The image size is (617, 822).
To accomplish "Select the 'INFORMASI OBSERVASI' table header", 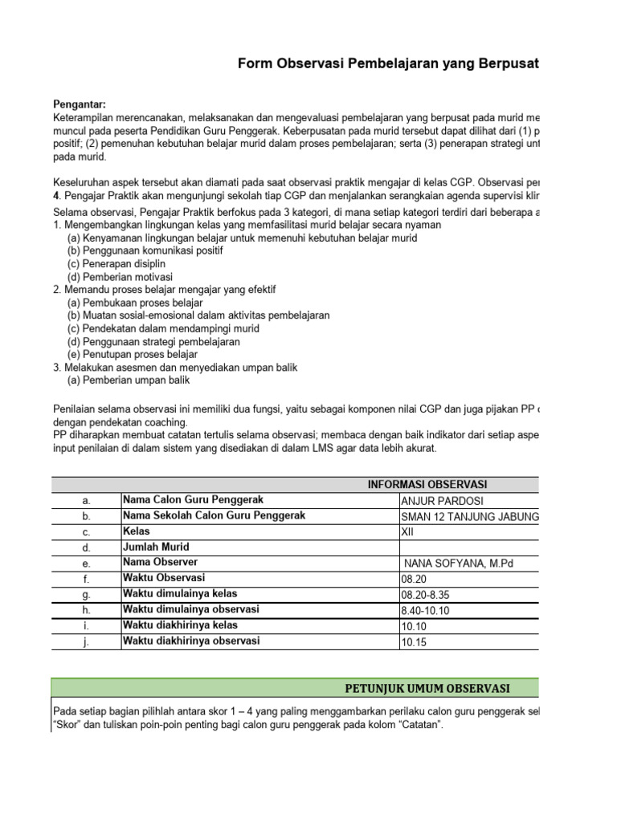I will pyautogui.click(x=427, y=484).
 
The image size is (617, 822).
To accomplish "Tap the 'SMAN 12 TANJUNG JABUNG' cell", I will pyautogui.click(x=469, y=515).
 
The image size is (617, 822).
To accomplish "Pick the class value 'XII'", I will pyautogui.click(x=407, y=531).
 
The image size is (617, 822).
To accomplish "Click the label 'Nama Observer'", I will pyautogui.click(x=160, y=562).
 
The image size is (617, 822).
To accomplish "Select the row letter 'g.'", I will pyautogui.click(x=86, y=594).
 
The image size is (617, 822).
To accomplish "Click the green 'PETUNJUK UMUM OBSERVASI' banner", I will pyautogui.click(x=427, y=689).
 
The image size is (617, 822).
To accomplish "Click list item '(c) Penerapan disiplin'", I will pyautogui.click(x=116, y=263).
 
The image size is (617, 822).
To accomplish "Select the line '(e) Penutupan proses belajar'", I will pyautogui.click(x=133, y=354).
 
